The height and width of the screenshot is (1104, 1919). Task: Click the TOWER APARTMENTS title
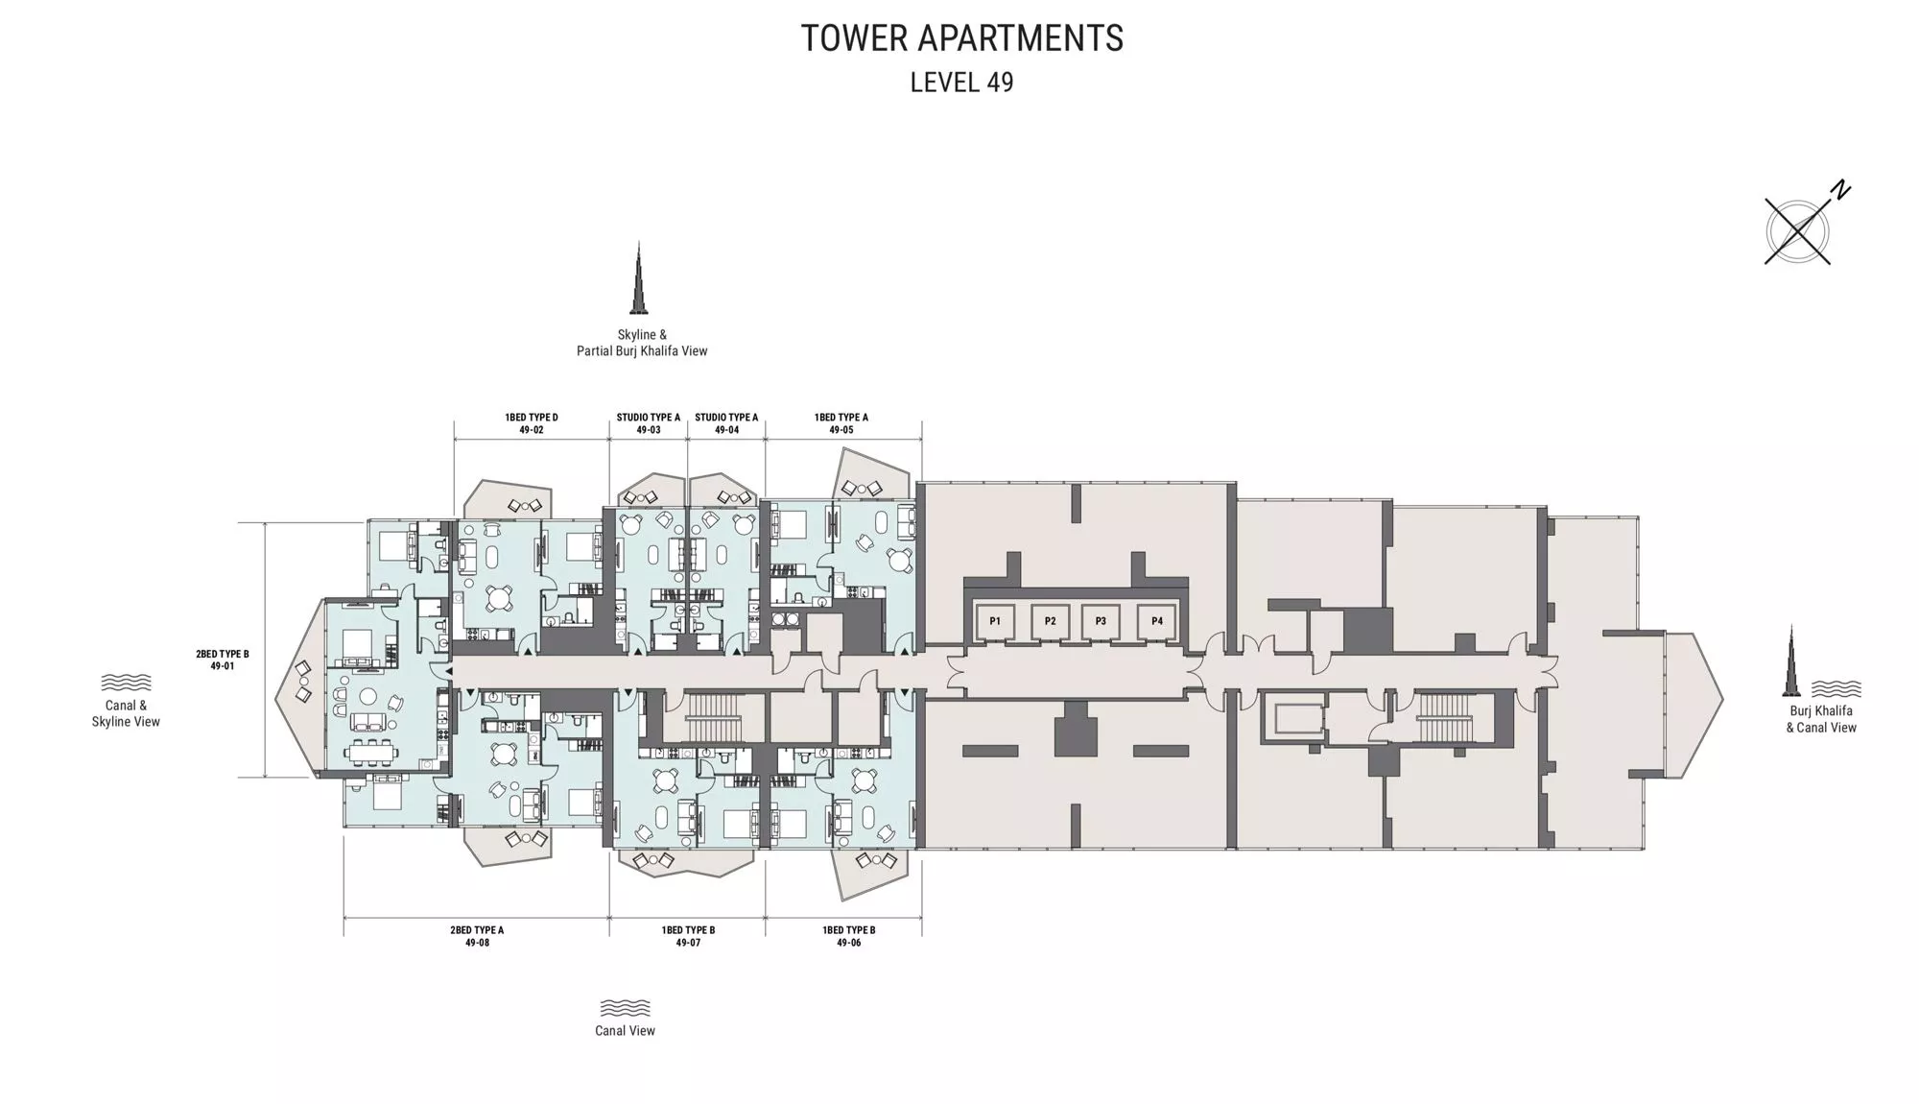961,38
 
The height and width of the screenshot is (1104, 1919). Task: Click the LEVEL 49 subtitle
961,83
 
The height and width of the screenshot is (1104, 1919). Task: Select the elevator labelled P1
995,621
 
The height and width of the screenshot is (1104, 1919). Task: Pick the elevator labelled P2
1051,621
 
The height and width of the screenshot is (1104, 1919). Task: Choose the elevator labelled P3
1101,621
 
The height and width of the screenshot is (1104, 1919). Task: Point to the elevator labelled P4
1157,621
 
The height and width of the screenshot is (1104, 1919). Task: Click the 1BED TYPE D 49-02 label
532,423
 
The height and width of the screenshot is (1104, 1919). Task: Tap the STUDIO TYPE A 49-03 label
649,423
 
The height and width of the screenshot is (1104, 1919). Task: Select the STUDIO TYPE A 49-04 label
726,423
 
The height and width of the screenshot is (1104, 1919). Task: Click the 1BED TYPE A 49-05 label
841,423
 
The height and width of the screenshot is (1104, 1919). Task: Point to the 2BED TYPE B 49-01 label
223,660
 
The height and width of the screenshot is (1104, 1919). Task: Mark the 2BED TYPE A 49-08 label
477,936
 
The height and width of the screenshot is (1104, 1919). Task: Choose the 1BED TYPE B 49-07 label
688,936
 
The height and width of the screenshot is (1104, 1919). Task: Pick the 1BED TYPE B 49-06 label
849,936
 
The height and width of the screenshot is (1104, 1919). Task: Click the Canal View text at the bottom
625,1031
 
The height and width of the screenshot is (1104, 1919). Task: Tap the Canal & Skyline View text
126,713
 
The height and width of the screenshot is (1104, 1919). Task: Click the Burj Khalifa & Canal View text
1821,719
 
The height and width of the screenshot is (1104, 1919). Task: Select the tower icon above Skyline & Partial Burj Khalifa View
638,278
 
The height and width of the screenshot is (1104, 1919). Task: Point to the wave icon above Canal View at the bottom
625,1008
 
